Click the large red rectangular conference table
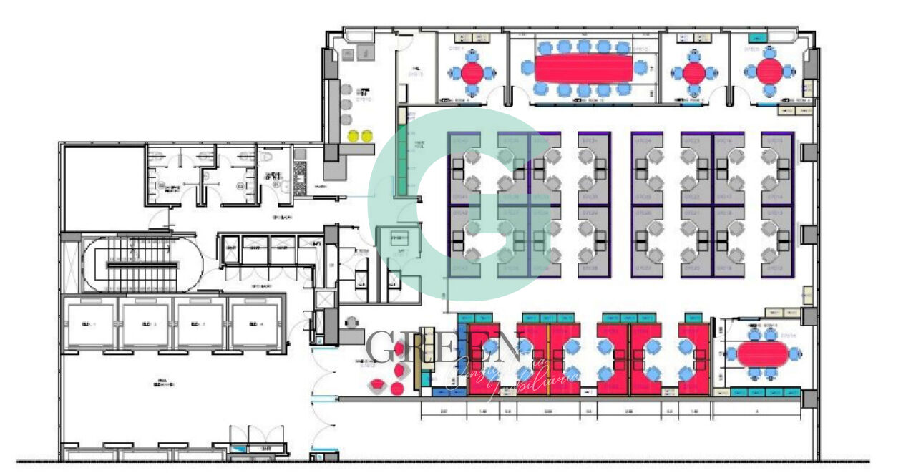click(584, 69)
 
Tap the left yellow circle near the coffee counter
click(353, 135)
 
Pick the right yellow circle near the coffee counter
click(366, 135)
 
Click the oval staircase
click(142, 265)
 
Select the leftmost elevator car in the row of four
click(89, 324)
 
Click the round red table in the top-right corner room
click(769, 71)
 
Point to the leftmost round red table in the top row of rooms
click(472, 72)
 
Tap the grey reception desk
click(351, 334)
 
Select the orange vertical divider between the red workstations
click(548, 358)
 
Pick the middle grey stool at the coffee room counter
click(346, 104)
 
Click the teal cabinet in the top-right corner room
click(757, 37)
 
